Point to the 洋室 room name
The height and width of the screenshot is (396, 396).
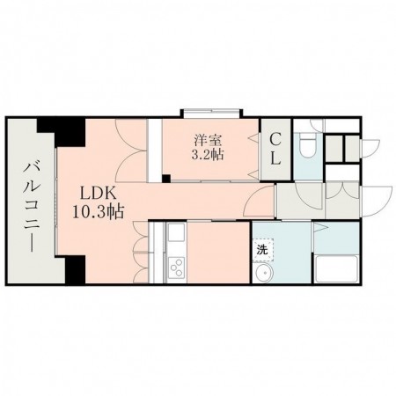[x=208, y=139]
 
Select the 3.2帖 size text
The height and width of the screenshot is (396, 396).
[x=208, y=155]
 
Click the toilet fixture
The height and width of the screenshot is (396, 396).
[x=305, y=143]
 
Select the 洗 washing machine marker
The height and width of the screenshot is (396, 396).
[x=263, y=250]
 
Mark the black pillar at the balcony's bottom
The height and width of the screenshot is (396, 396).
[x=71, y=270]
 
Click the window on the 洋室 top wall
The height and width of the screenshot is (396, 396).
[x=211, y=113]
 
